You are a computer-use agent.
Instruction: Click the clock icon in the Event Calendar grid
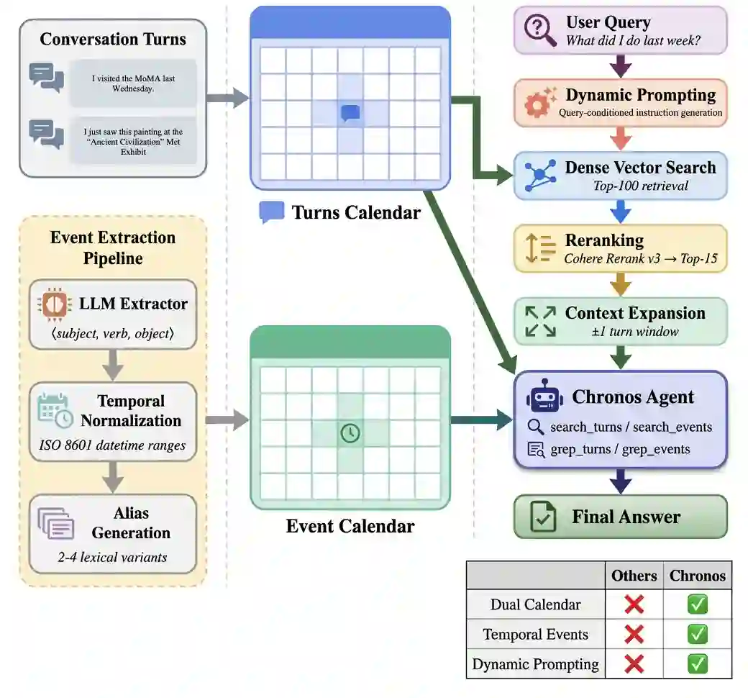click(350, 433)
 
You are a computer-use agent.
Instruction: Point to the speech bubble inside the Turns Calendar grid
click(350, 112)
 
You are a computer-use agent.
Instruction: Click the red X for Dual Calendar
click(634, 604)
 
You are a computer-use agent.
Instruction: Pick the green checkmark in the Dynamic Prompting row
click(697, 663)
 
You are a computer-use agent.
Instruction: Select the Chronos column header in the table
click(697, 576)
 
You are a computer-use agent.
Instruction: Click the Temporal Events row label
click(535, 634)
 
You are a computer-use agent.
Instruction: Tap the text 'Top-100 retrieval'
click(639, 186)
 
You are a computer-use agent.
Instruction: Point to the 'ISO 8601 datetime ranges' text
click(112, 445)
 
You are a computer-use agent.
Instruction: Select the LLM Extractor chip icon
click(53, 305)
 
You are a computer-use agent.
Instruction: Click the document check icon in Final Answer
click(542, 517)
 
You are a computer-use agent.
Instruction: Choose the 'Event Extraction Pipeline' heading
click(112, 248)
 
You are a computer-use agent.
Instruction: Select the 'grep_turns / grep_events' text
click(620, 450)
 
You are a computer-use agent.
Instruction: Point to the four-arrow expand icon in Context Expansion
click(540, 321)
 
